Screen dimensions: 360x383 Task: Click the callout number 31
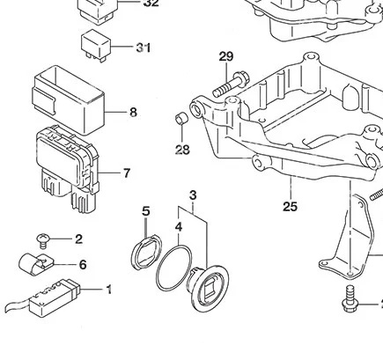[x=144, y=48]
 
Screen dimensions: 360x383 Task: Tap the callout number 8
[x=133, y=113]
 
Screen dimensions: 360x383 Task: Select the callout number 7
[x=127, y=173]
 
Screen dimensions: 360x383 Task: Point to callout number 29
[x=226, y=58]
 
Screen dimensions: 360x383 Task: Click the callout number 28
[x=182, y=150]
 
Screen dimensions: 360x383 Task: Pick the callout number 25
[x=291, y=207]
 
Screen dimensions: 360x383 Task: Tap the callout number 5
[x=146, y=211]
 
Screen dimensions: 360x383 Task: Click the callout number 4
[x=178, y=227]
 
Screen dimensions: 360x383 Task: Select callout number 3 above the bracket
[x=192, y=195]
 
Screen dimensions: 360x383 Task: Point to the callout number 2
[x=78, y=239]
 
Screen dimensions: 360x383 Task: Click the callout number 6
[x=83, y=264]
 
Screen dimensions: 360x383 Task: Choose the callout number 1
[x=109, y=289]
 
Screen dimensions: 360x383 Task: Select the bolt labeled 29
[x=228, y=86]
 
